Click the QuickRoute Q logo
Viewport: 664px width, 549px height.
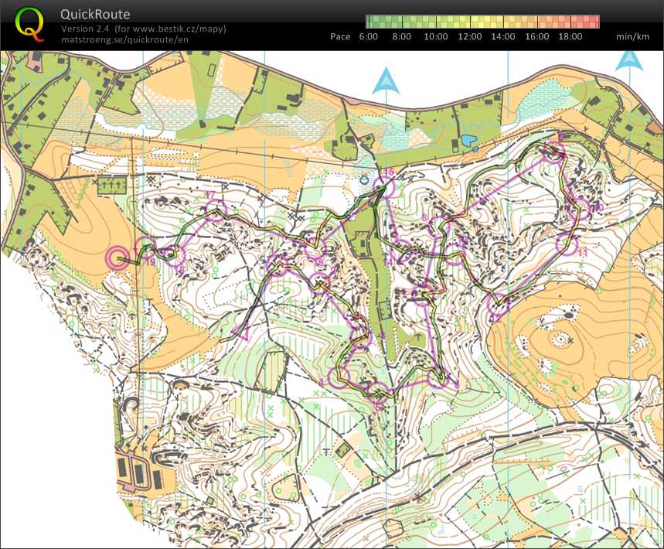pyautogui.click(x=29, y=23)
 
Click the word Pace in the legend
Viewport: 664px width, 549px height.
pyautogui.click(x=340, y=36)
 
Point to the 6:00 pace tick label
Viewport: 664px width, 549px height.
pyautogui.click(x=369, y=36)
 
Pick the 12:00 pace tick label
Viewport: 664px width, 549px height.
pyautogui.click(x=470, y=36)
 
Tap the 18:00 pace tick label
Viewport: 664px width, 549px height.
pyautogui.click(x=570, y=36)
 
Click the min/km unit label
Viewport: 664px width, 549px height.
pyautogui.click(x=632, y=36)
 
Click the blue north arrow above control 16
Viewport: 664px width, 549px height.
pyautogui.click(x=385, y=81)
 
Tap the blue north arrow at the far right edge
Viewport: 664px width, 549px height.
pyautogui.click(x=630, y=60)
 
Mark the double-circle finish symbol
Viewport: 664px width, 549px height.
pyautogui.click(x=117, y=258)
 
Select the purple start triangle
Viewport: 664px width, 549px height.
pyautogui.click(x=243, y=333)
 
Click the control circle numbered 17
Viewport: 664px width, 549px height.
pyautogui.click(x=216, y=210)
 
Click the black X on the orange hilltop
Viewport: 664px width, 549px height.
pyautogui.click(x=570, y=339)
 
